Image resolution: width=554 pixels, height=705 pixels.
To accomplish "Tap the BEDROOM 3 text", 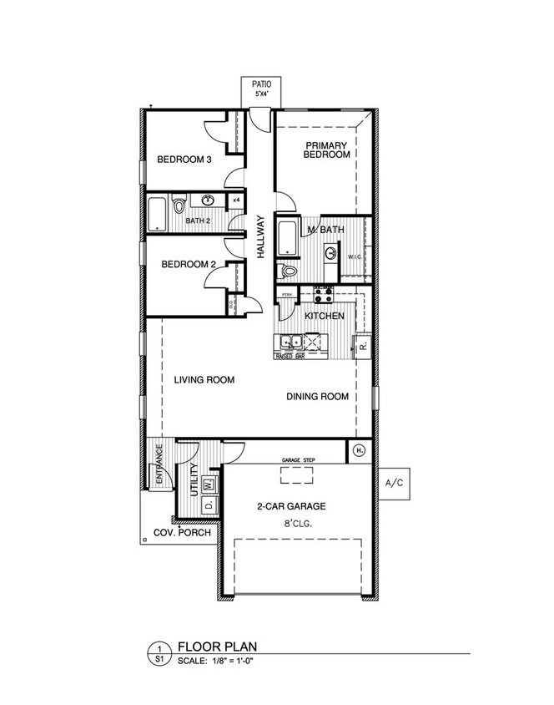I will coord(184,160).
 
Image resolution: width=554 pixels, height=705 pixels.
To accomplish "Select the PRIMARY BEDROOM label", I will coord(326,150).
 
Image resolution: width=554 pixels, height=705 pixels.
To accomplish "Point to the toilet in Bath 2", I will coord(178,205).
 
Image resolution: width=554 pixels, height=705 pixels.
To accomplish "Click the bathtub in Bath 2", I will coord(157,215).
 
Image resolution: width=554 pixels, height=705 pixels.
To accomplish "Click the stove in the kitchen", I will coord(324,295).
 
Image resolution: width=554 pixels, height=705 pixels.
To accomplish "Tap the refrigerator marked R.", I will coord(364,344).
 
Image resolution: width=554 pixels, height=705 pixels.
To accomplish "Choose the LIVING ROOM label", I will coord(204,380).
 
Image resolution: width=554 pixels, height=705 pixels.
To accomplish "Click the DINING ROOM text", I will coord(317,397).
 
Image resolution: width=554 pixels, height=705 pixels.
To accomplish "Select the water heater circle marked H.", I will coord(360,450).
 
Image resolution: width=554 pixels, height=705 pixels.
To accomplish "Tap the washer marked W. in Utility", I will coord(209,484).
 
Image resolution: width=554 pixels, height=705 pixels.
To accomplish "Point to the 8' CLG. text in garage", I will coord(296,525).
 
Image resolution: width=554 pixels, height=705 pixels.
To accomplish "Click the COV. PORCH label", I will coord(183,533).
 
